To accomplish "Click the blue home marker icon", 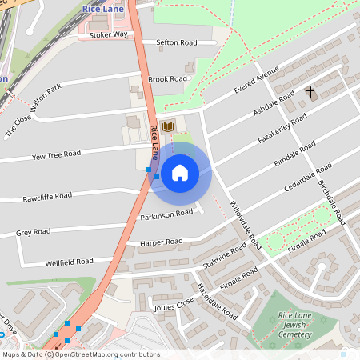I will pyautogui.click(x=180, y=172).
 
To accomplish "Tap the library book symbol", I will pyautogui.click(x=168, y=126).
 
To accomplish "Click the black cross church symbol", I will pyautogui.click(x=310, y=93).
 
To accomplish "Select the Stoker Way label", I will pyautogui.click(x=108, y=35).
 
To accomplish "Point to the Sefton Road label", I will pyautogui.click(x=176, y=42).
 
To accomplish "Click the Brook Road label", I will pyautogui.click(x=167, y=79).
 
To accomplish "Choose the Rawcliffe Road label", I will pyautogui.click(x=47, y=196).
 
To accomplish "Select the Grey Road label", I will pyautogui.click(x=34, y=232).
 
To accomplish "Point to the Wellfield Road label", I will pyautogui.click(x=70, y=262).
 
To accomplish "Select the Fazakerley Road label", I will pyautogui.click(x=283, y=128).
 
